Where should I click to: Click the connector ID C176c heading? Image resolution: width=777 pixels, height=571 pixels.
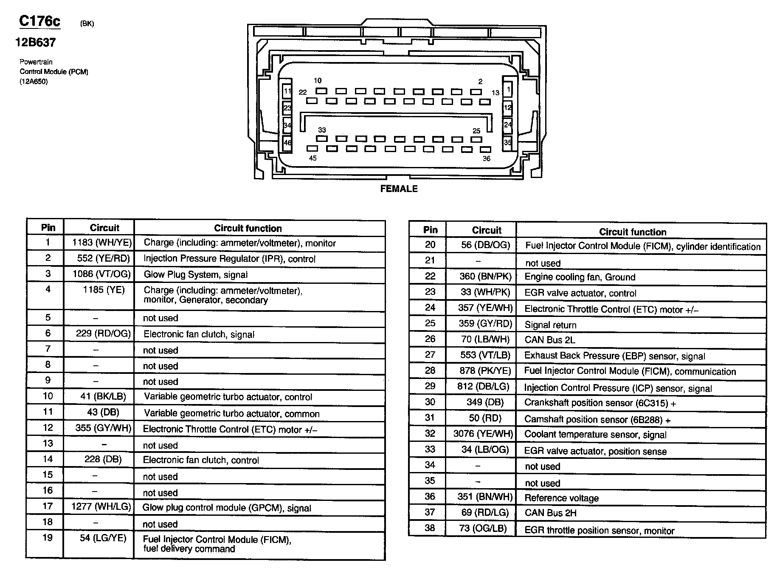[40, 21]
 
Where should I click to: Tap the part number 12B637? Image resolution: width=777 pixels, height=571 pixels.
[36, 42]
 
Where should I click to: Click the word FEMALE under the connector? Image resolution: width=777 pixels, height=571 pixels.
[399, 189]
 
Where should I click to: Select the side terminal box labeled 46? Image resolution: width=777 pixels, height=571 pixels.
[287, 142]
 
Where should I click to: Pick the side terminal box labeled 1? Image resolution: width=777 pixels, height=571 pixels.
[508, 90]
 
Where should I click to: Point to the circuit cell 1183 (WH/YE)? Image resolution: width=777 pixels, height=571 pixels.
[102, 243]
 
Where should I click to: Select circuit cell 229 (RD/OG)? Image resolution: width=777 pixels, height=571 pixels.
[103, 334]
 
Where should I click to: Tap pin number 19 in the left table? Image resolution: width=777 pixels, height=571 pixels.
[48, 538]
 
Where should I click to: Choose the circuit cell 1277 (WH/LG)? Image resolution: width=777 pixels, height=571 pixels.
[101, 506]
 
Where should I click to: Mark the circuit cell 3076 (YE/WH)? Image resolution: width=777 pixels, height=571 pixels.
[483, 434]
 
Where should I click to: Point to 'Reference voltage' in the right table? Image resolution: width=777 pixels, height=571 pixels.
[561, 498]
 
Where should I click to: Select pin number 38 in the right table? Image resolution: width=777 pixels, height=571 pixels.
[430, 528]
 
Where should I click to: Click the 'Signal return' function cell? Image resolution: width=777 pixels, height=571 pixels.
[550, 325]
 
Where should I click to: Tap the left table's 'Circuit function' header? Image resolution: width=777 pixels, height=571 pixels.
[248, 228]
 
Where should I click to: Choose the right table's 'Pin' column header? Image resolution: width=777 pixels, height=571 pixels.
[430, 230]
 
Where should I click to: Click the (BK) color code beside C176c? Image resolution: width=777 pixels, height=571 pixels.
[87, 24]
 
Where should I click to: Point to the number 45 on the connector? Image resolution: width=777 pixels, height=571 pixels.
[312, 158]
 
